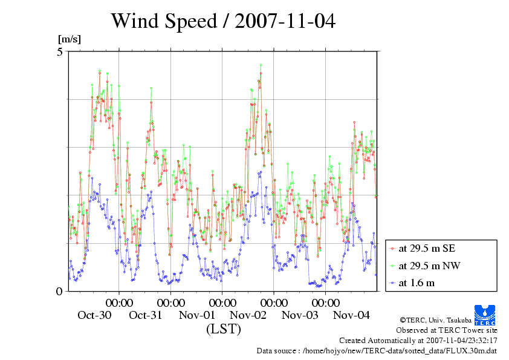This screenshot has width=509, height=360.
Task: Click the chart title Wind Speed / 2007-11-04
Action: [x=222, y=21]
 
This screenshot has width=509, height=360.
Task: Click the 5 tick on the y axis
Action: [x=60, y=52]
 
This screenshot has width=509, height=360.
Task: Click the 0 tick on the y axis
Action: [x=60, y=291]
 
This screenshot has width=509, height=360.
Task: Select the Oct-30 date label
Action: [x=94, y=315]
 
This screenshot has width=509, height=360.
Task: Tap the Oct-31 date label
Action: [x=146, y=315]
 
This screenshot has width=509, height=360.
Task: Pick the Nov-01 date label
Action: [x=197, y=315]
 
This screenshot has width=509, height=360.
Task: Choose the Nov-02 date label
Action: [x=248, y=315]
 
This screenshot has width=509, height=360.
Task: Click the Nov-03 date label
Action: [x=300, y=315]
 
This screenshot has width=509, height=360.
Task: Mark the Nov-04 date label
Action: [x=351, y=315]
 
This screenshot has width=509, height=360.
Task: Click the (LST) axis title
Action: [x=224, y=329]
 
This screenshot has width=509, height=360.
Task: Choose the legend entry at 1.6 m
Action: [x=417, y=283]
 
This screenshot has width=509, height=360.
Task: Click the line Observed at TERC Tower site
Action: [x=446, y=330]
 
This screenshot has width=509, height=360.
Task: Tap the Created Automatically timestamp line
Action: [x=418, y=341]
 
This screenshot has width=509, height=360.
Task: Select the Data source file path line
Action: [x=377, y=350]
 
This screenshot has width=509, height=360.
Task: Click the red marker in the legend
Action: [x=393, y=249]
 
